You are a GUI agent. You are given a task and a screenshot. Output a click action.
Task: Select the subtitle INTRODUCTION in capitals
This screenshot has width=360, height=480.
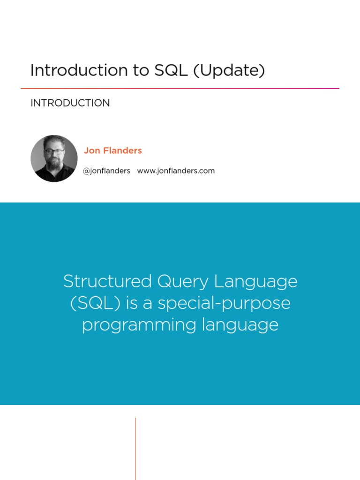pos(70,103)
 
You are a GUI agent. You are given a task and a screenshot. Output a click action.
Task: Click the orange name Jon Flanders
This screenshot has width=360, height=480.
pos(112,150)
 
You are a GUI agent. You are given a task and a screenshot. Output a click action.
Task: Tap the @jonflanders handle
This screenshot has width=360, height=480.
pos(106,171)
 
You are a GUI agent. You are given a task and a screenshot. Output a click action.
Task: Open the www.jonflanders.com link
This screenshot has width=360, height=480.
pos(176,171)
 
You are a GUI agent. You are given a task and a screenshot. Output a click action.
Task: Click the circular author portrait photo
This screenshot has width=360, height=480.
pos(54,158)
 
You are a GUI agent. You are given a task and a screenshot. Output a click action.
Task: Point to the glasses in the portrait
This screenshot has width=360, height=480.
pos(53,151)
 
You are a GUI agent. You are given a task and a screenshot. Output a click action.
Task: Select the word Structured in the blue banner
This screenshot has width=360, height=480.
pos(107,282)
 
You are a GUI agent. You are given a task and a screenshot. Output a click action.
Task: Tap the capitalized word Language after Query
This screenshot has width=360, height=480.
pos(256,282)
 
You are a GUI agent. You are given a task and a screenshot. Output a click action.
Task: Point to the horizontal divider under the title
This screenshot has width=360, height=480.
pos(180,88)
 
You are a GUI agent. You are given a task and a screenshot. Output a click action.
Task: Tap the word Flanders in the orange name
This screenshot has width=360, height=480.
pos(123,150)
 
